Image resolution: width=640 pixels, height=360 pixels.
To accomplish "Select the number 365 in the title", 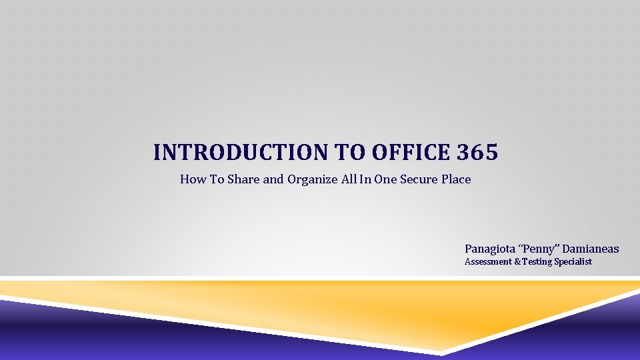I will tap(477, 153).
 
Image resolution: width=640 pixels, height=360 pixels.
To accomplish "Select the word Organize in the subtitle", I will tap(312, 179).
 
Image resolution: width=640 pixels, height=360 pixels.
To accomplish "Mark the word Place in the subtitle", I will tap(457, 179).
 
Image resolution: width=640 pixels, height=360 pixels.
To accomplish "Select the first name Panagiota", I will tap(490, 249).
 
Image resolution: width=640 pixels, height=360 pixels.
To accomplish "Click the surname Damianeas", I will tap(591, 249).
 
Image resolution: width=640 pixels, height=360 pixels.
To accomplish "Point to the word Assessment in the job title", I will tap(488, 262).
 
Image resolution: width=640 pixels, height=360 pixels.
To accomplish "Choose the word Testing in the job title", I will tap(537, 262).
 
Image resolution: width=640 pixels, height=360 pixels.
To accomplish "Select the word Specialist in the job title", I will tap(573, 262).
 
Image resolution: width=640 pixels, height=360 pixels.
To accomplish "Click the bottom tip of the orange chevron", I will tap(441, 351).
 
